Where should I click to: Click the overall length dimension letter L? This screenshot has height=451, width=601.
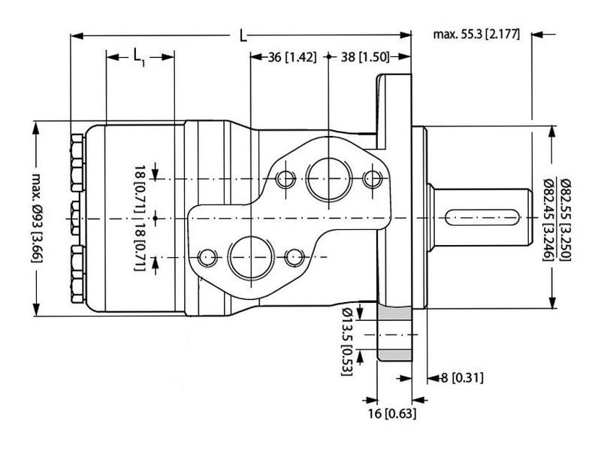click(x=242, y=35)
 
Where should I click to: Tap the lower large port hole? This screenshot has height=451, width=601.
click(x=247, y=256)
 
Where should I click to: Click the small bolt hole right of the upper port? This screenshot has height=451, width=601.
click(x=371, y=179)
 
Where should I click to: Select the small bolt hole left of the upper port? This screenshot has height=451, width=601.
click(x=285, y=179)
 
